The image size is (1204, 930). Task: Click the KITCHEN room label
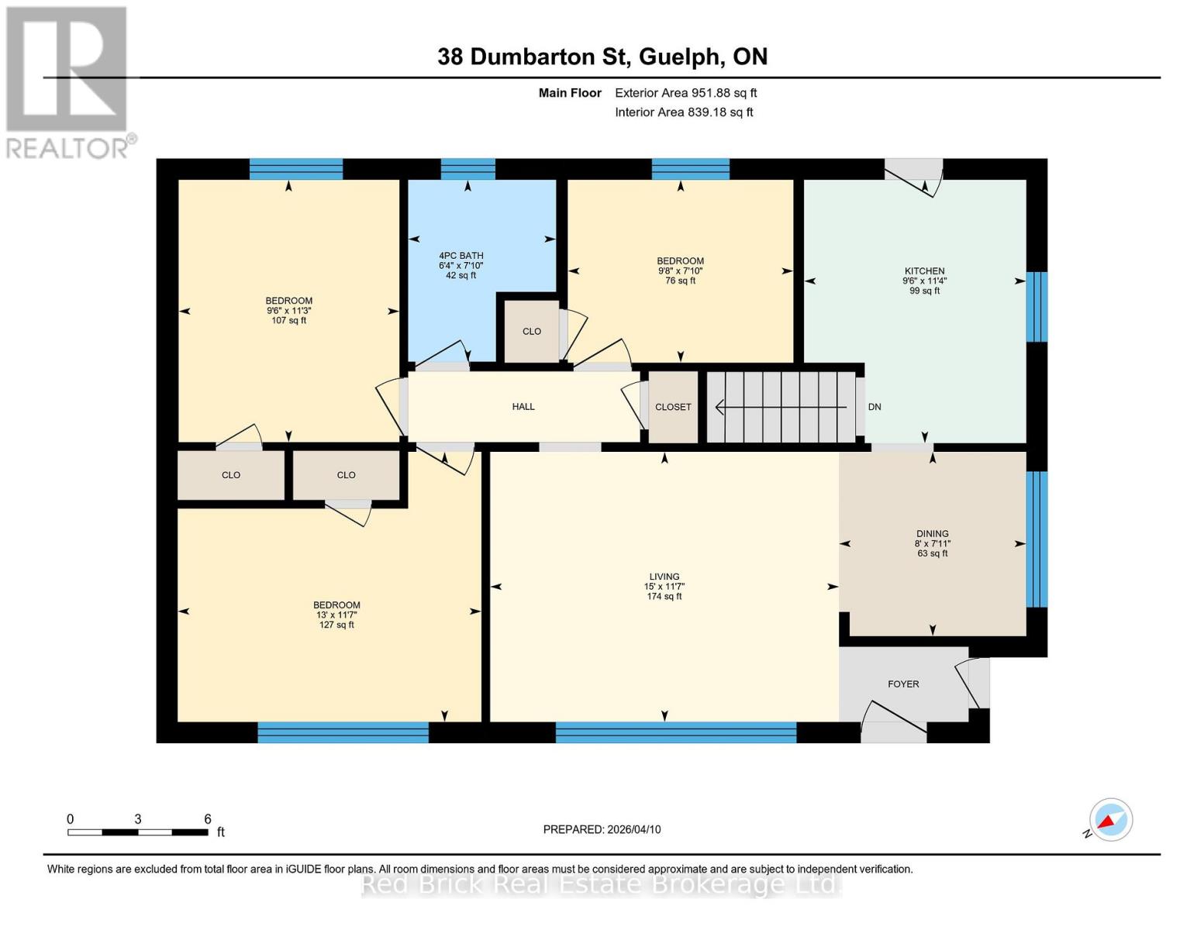point(924,271)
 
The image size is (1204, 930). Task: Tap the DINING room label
point(932,534)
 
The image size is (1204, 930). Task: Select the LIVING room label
point(664,577)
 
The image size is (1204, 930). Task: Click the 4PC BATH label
point(461,256)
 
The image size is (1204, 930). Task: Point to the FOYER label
point(903,684)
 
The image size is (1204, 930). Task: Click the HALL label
point(523,407)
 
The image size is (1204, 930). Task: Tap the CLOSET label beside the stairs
point(673,407)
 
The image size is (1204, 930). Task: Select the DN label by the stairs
point(875,407)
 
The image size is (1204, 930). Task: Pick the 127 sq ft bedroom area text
point(336,625)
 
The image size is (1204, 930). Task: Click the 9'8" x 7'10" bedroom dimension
point(680,271)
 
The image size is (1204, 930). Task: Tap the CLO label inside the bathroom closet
point(532,332)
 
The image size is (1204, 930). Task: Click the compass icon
point(1110,819)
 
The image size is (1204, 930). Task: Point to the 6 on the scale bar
point(208,819)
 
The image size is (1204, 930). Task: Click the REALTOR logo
point(68,81)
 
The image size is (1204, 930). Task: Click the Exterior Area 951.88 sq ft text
point(685,93)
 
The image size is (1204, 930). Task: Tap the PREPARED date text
point(602,829)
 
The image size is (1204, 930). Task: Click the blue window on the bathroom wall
point(467,169)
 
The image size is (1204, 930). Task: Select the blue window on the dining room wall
point(1037,539)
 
